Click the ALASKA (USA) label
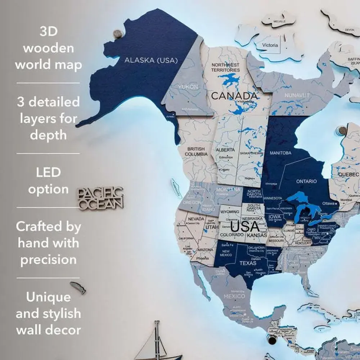point(151,60)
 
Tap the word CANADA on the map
point(234,96)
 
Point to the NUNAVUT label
point(297,95)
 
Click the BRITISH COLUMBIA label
point(196,151)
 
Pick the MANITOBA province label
point(280,153)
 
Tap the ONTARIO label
point(306,181)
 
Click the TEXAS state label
point(248,263)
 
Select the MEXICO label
point(234,296)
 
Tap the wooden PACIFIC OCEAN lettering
point(101,198)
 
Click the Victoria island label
point(270,45)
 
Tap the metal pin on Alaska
point(118,34)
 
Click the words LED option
point(48,181)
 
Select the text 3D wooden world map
point(48,48)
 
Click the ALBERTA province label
point(225,149)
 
